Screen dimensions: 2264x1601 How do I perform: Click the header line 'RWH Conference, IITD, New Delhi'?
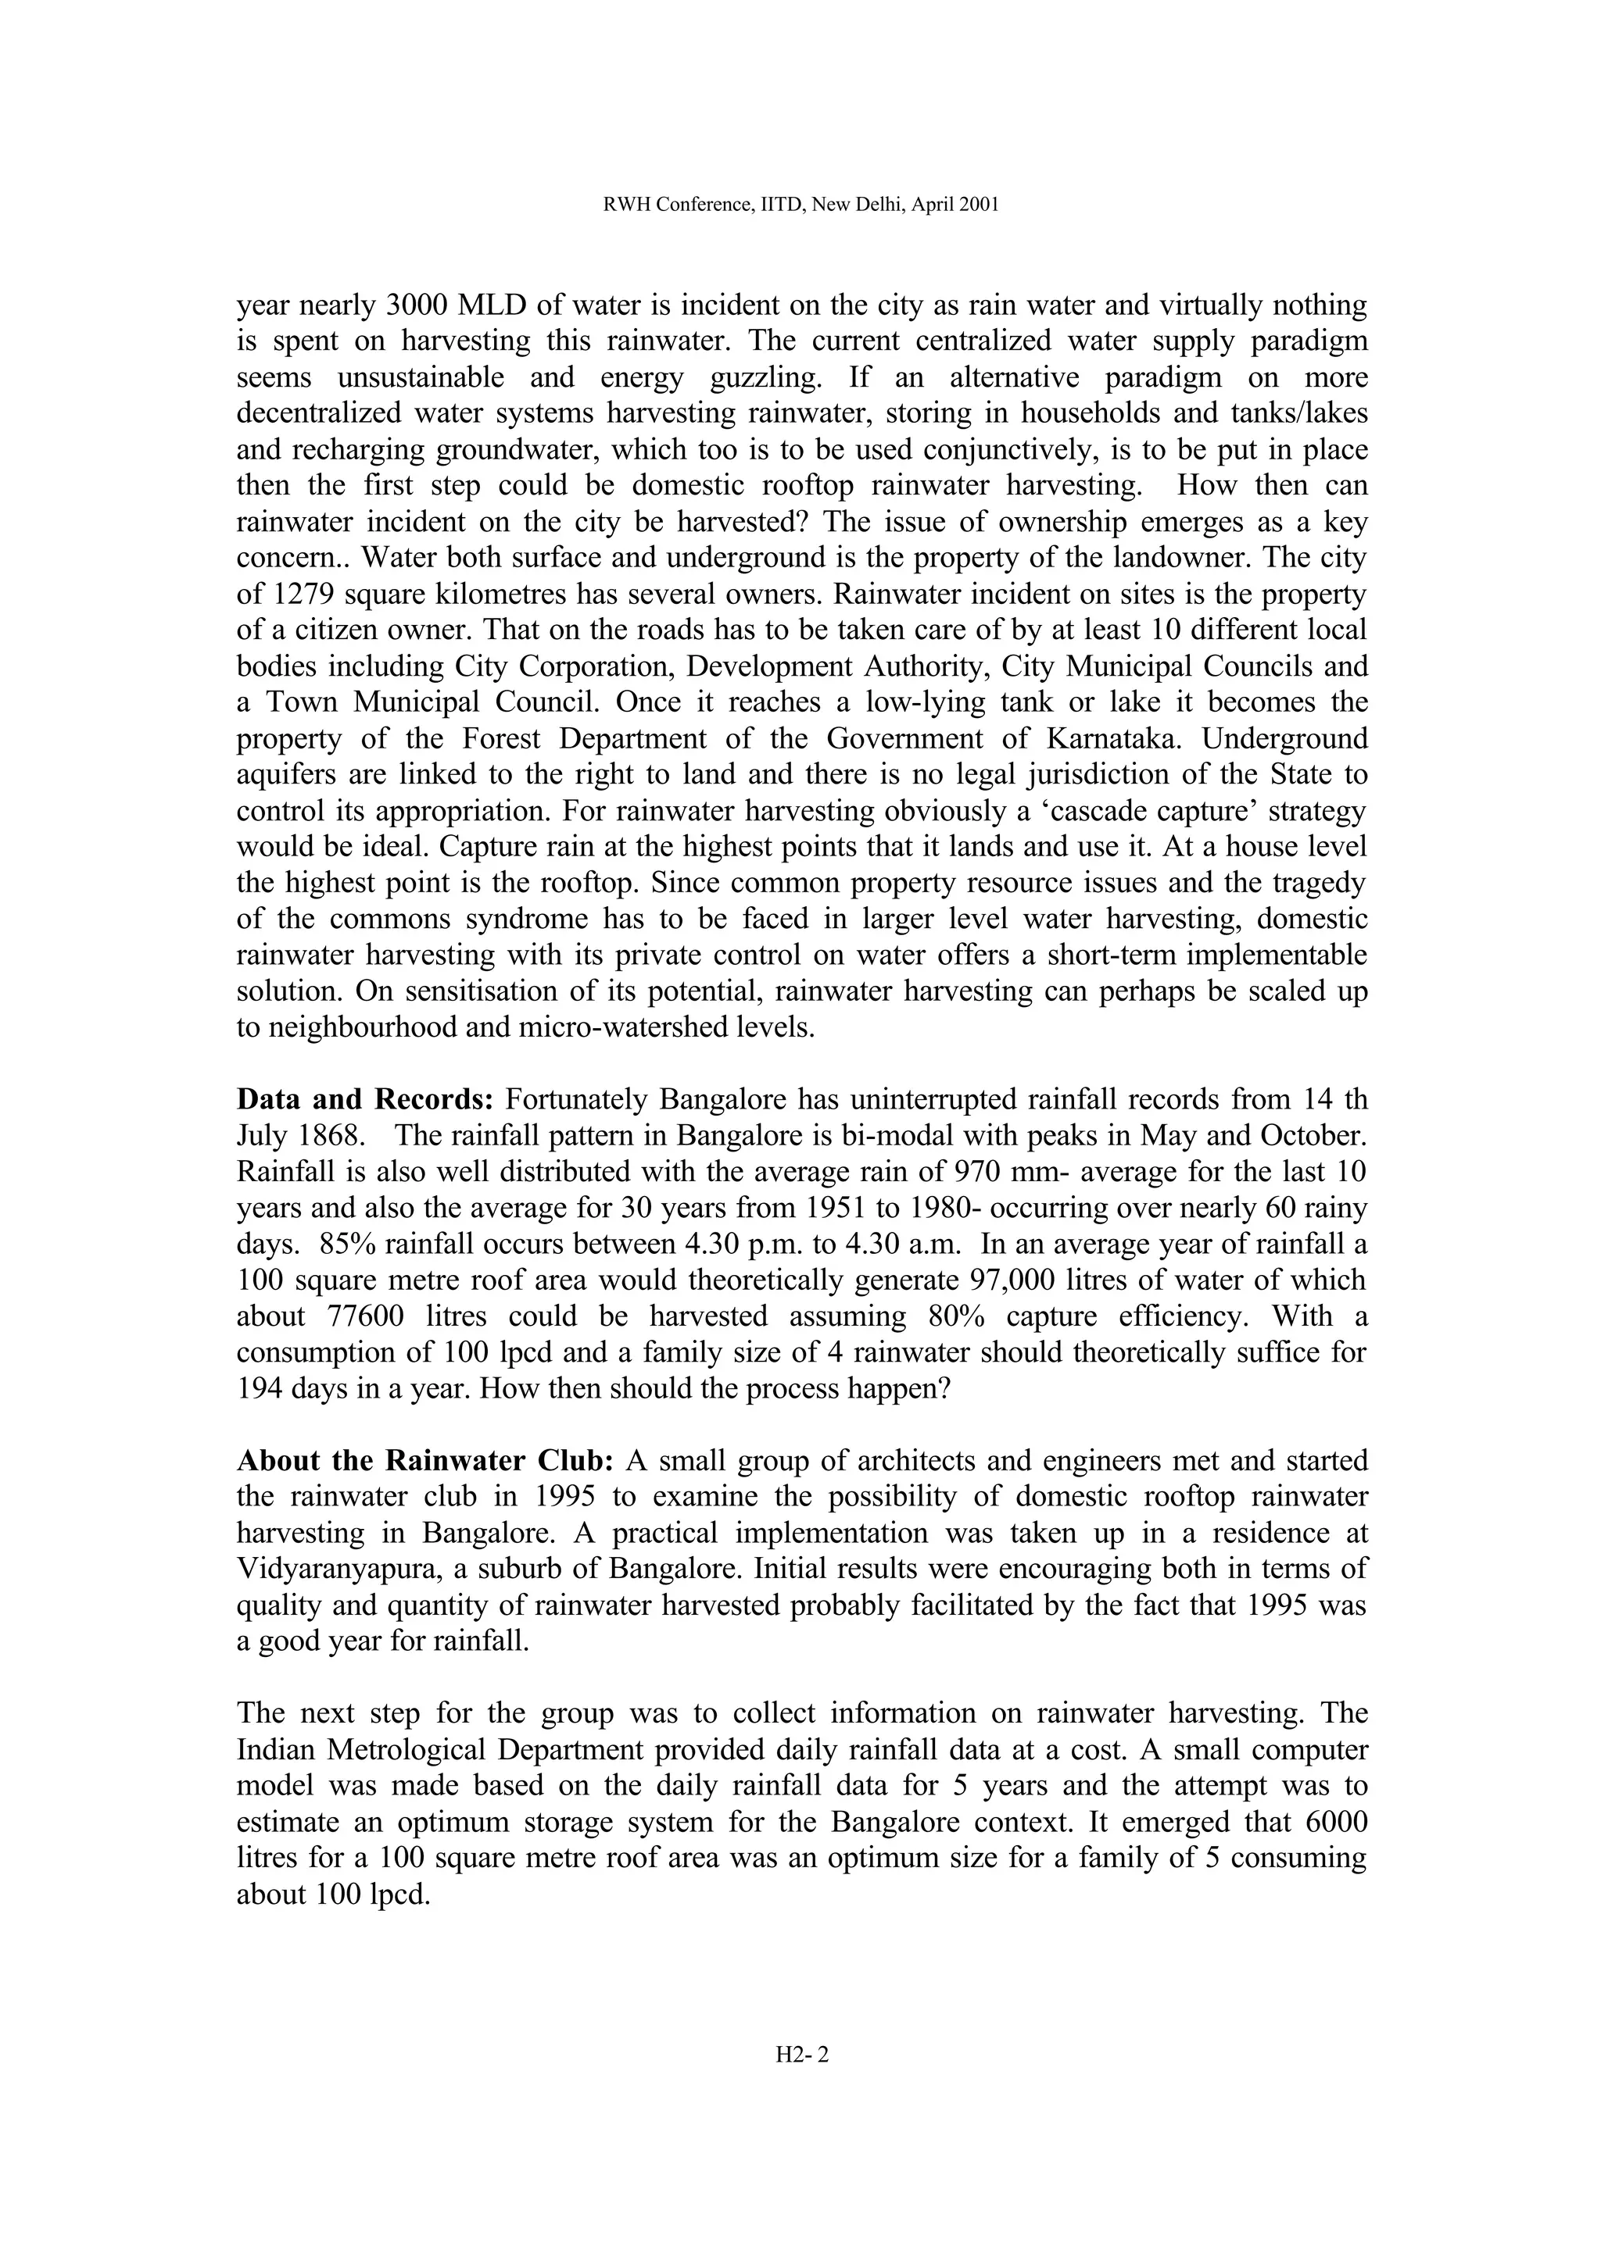(x=800, y=205)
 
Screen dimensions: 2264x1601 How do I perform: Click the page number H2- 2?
(x=802, y=2055)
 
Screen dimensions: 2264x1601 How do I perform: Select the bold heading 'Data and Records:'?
(x=365, y=1099)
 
